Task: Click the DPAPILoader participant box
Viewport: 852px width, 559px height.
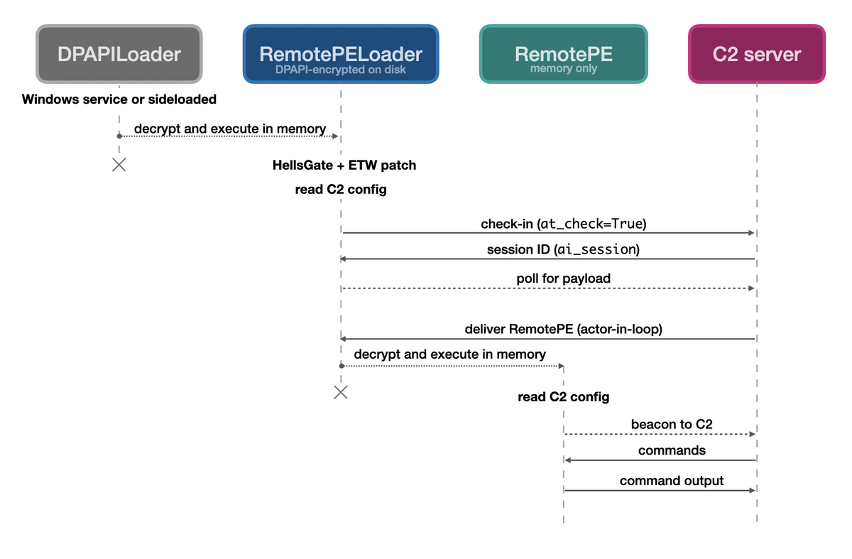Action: pyautogui.click(x=119, y=54)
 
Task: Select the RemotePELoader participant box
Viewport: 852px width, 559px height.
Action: pyautogui.click(x=341, y=54)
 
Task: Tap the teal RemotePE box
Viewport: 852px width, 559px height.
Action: pyautogui.click(x=563, y=54)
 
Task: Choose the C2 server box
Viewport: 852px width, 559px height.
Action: pyautogui.click(x=757, y=54)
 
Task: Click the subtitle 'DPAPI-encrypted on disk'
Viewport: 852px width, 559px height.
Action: pyautogui.click(x=341, y=70)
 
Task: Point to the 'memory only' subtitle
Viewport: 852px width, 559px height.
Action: pyautogui.click(x=563, y=68)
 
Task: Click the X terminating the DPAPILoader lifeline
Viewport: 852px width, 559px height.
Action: pyautogui.click(x=119, y=165)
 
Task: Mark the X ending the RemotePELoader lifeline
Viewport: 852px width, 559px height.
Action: pyautogui.click(x=341, y=392)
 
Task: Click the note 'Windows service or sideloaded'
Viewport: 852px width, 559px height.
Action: pyautogui.click(x=119, y=99)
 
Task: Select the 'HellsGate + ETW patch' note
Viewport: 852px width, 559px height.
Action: pyautogui.click(x=344, y=165)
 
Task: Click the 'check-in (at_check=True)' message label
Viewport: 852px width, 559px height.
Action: pyautogui.click(x=564, y=224)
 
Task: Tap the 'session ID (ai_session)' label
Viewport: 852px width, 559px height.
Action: pyautogui.click(x=563, y=249)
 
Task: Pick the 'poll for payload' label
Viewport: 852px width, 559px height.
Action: pyautogui.click(x=563, y=278)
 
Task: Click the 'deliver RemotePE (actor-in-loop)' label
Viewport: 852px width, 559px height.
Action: pyautogui.click(x=563, y=329)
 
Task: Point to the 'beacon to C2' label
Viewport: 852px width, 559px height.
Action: pyautogui.click(x=672, y=424)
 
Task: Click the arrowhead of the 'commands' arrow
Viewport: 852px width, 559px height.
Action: pyautogui.click(x=567, y=460)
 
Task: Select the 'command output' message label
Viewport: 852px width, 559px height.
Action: pyautogui.click(x=672, y=481)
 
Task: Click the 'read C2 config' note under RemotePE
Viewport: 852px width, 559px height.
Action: pyautogui.click(x=563, y=397)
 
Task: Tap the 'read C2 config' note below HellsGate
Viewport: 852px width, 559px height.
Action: pyautogui.click(x=341, y=190)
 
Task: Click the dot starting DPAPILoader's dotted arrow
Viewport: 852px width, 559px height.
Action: pyautogui.click(x=119, y=136)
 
